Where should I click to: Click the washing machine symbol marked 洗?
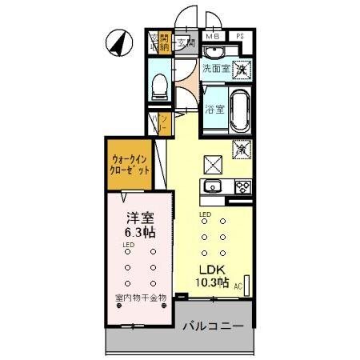tap(240, 70)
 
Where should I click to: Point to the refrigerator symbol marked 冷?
tap(239, 149)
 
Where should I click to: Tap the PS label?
tap(239, 37)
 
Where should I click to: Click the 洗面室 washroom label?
tap(215, 70)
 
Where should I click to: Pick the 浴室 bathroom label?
tap(214, 109)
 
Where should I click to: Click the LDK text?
tap(212, 269)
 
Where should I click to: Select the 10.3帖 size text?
tap(213, 282)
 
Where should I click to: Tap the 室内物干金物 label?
tap(140, 298)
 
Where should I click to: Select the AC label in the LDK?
tap(238, 284)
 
